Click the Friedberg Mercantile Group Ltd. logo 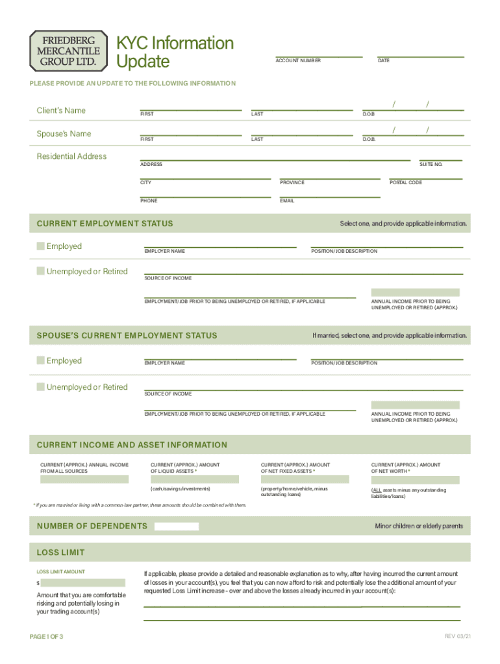[68, 50]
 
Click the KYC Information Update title [174, 52]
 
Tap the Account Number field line [318, 55]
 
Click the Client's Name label [61, 110]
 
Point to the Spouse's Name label [64, 134]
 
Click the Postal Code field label [406, 183]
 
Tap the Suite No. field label [431, 165]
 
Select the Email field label [287, 201]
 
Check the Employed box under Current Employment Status [41, 246]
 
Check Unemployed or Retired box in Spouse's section [41, 387]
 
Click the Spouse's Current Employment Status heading [127, 335]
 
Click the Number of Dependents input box [176, 526]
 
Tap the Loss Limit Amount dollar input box [83, 583]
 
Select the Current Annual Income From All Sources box [84, 480]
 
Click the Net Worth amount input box [415, 480]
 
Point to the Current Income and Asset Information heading [132, 445]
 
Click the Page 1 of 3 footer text [47, 637]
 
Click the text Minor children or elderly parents [419, 526]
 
